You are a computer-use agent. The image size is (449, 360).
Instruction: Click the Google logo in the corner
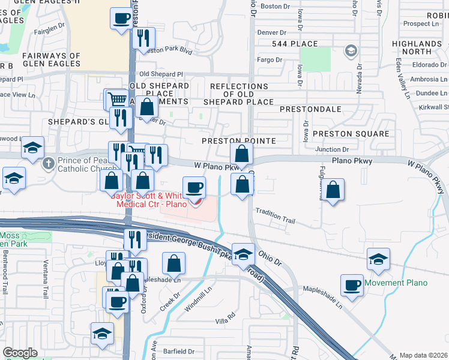coord(20,353)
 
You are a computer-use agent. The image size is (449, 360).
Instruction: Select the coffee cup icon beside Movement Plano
coord(352,284)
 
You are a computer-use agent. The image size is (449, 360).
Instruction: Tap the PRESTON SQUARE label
coord(351,133)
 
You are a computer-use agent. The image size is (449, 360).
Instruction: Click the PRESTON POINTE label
coord(238,141)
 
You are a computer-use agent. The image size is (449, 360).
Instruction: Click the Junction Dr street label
coord(336,149)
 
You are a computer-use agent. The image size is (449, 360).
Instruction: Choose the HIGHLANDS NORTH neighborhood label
coord(417,47)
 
